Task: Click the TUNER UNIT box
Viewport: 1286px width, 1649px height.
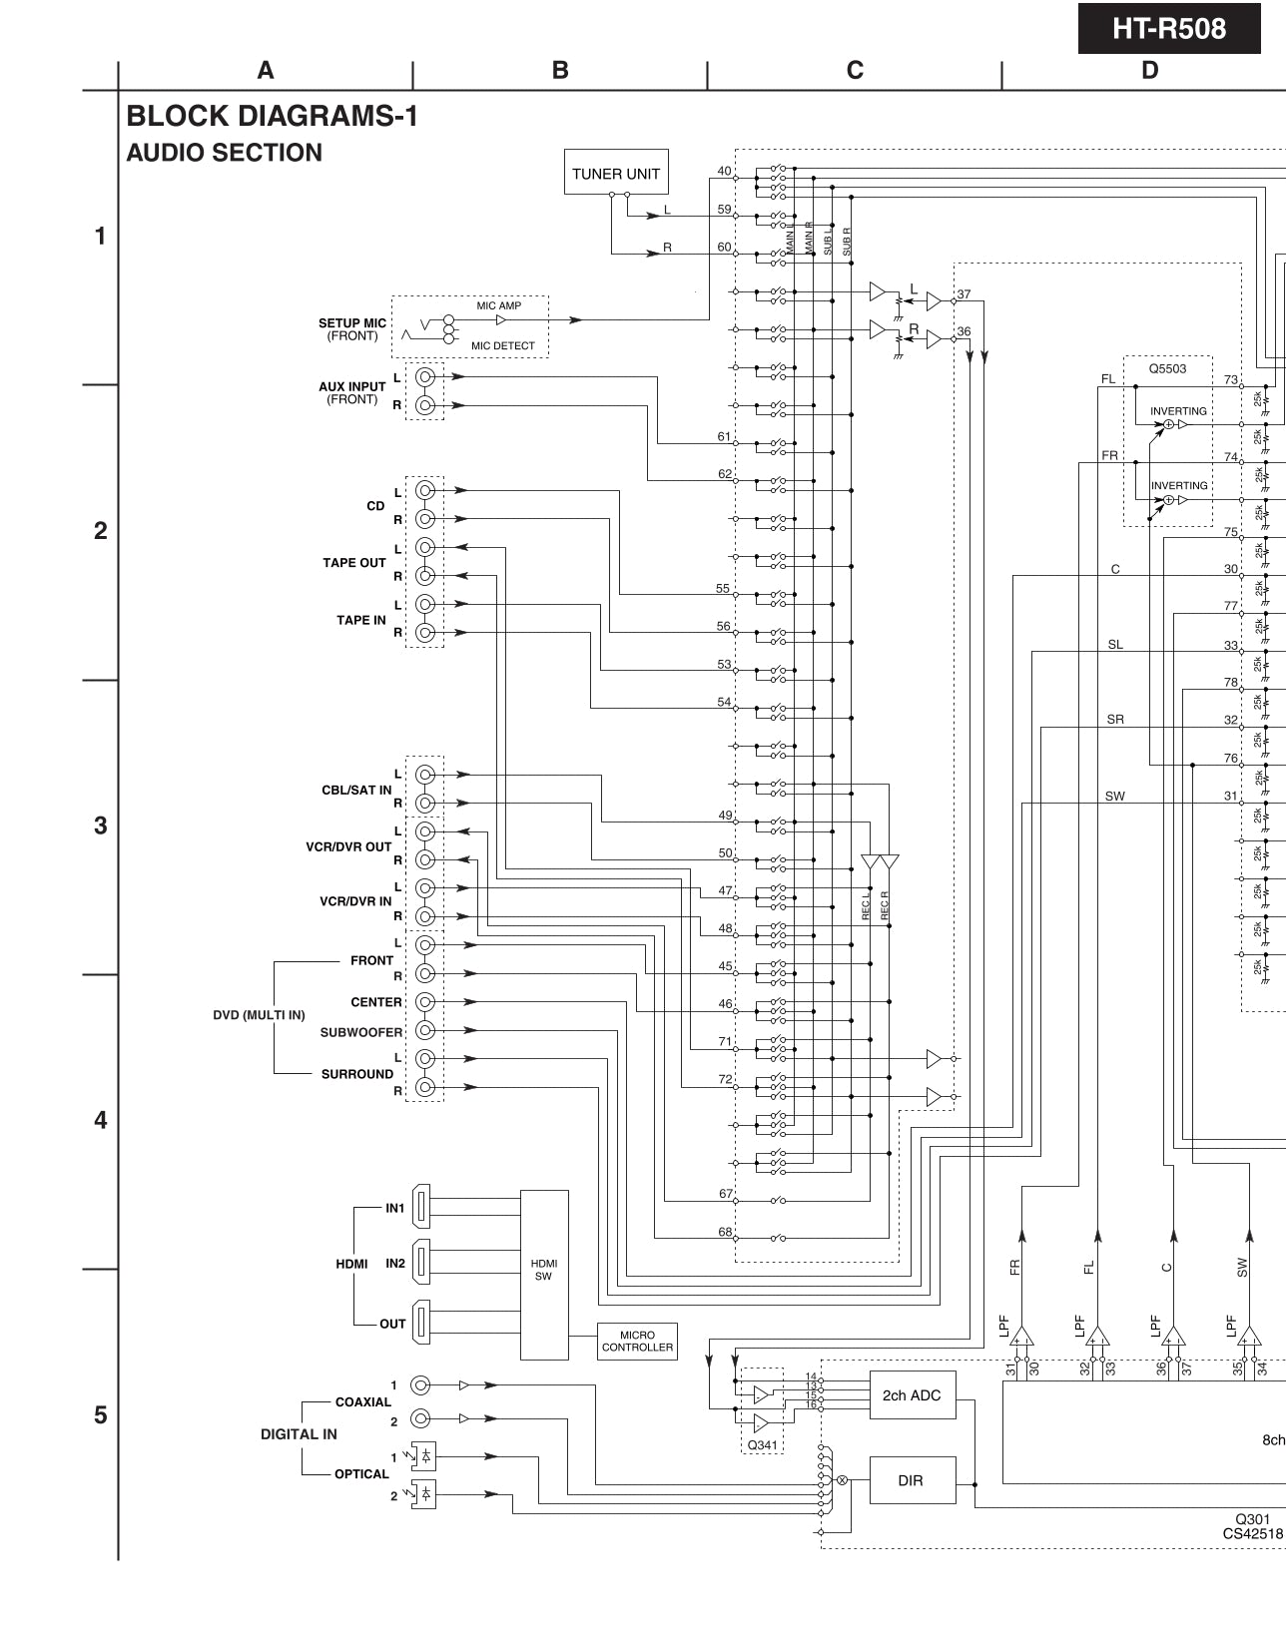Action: (616, 173)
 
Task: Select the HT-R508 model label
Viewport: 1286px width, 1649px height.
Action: (1168, 29)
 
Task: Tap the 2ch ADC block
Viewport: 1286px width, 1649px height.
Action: (911, 1395)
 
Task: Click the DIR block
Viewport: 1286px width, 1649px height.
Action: (911, 1480)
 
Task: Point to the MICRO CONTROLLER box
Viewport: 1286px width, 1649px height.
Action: (637, 1341)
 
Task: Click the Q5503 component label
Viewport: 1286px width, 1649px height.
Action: (1167, 368)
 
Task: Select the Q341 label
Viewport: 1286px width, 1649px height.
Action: (762, 1444)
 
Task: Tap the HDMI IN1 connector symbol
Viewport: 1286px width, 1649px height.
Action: (422, 1208)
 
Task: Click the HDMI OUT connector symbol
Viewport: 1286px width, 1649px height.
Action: (422, 1324)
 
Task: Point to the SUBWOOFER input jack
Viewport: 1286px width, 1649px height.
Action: (425, 1030)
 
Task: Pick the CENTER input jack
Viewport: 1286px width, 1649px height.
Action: (425, 1001)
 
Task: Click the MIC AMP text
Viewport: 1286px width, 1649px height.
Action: (498, 305)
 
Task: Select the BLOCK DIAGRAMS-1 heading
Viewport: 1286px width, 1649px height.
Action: (272, 117)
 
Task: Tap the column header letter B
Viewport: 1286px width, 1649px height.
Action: (560, 70)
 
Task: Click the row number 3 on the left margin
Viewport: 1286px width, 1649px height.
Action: (100, 825)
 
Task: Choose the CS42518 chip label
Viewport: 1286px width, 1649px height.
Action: (1252, 1534)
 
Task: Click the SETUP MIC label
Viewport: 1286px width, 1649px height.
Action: (352, 323)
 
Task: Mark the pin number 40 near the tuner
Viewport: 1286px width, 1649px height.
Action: (724, 171)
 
